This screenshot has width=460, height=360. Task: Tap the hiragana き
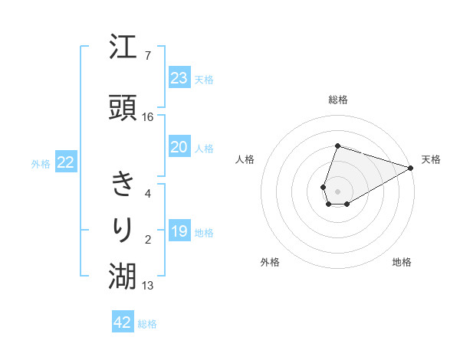tap(123, 185)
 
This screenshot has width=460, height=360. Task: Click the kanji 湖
tap(123, 277)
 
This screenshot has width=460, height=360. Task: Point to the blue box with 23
tap(179, 77)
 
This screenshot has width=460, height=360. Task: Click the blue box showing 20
tap(179, 147)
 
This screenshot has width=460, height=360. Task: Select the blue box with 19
tap(179, 231)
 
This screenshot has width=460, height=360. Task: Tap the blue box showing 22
tap(66, 162)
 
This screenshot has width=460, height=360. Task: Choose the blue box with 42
tap(123, 322)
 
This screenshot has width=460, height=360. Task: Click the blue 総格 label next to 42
tap(147, 324)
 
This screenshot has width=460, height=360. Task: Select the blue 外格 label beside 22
tap(41, 163)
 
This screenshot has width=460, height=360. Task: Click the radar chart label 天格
tap(431, 159)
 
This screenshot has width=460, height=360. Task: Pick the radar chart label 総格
tap(337, 100)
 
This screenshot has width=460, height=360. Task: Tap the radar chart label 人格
tap(245, 159)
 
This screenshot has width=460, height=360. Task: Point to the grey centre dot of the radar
tap(337, 190)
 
